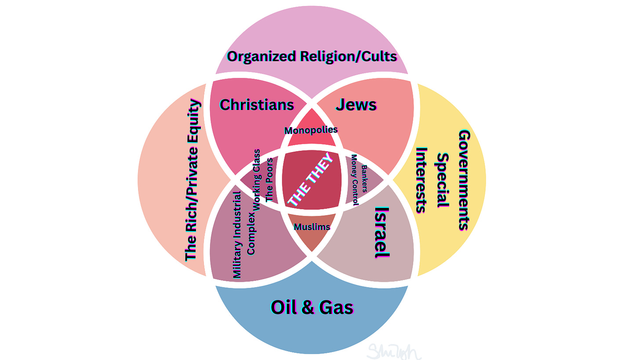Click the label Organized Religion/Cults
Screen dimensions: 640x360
(x=312, y=57)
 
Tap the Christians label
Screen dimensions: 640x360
(x=257, y=105)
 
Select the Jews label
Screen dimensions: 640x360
(x=356, y=105)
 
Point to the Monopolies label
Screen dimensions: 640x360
(x=311, y=130)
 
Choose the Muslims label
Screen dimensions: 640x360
(x=312, y=227)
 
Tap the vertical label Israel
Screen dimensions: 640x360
(x=382, y=232)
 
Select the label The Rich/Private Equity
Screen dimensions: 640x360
(x=192, y=180)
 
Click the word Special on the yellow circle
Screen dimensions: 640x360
(x=443, y=180)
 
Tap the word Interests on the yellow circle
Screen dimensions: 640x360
(x=422, y=180)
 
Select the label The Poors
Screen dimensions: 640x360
(x=269, y=179)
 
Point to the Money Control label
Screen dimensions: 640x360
(x=355, y=180)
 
